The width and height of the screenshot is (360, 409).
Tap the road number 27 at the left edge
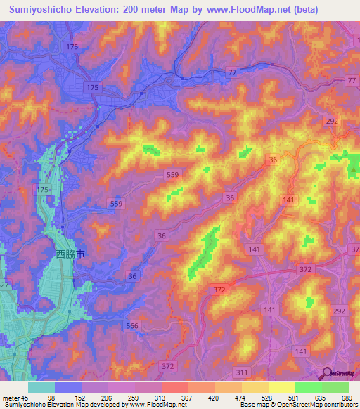[4, 285]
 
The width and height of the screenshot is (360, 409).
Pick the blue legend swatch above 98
[67, 387]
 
